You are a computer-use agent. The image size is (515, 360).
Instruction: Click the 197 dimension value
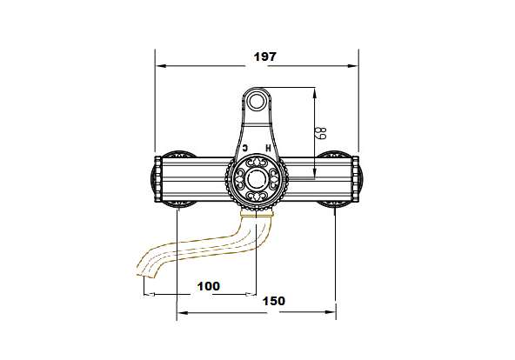[265, 57]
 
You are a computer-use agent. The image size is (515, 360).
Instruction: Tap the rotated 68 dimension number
[322, 133]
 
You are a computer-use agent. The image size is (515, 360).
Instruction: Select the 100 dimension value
[208, 286]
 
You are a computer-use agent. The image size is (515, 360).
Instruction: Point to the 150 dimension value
[273, 301]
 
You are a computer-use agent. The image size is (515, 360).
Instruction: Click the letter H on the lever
[268, 148]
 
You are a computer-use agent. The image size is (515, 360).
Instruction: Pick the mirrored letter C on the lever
[244, 148]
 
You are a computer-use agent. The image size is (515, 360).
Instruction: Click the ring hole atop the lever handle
[257, 101]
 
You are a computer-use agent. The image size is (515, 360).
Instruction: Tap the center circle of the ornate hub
[257, 179]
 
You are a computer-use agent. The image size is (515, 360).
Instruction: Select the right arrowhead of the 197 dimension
[353, 66]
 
